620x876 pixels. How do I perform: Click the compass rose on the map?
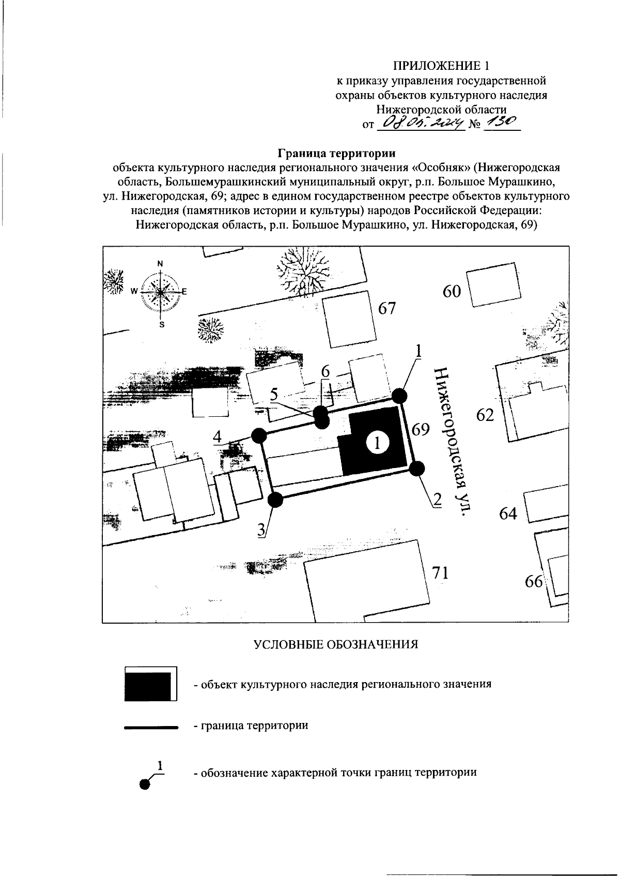pyautogui.click(x=160, y=292)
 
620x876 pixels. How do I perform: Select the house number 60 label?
pyautogui.click(x=452, y=292)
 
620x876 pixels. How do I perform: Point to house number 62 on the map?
pyautogui.click(x=485, y=415)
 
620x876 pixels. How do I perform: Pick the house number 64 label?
pyautogui.click(x=508, y=513)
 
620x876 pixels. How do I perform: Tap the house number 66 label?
pyautogui.click(x=534, y=582)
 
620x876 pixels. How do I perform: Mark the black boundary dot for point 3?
pyautogui.click(x=276, y=500)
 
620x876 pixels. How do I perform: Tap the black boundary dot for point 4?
pyautogui.click(x=258, y=435)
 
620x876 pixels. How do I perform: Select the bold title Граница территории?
pyautogui.click(x=336, y=154)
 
